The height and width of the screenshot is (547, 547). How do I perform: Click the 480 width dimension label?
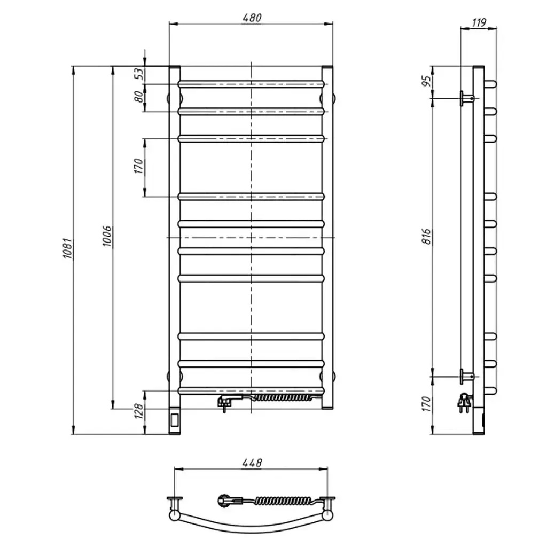click(251, 18)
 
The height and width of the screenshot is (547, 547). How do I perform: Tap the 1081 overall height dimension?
click(67, 248)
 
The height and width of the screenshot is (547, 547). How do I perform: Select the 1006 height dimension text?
click(107, 236)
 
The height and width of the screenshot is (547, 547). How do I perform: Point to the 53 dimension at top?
click(139, 74)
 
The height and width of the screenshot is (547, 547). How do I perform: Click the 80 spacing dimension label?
click(139, 97)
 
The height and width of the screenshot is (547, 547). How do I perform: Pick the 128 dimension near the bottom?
click(139, 411)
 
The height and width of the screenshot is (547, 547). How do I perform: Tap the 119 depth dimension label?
click(479, 22)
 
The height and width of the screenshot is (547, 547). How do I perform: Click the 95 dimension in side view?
click(427, 81)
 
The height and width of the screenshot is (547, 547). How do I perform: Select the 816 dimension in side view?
click(427, 237)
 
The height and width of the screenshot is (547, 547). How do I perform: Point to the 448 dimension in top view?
click(252, 463)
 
